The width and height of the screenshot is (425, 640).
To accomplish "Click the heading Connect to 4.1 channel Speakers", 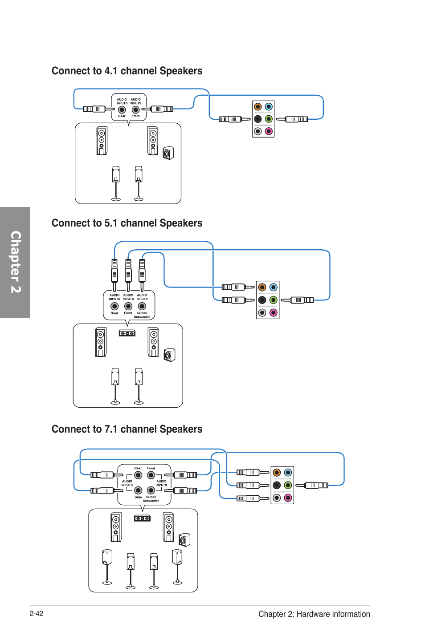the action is pyautogui.click(x=127, y=71).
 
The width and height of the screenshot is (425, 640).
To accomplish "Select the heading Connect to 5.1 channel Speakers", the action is pyautogui.click(x=127, y=223).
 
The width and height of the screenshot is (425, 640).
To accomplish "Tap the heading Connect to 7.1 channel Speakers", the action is pyautogui.click(x=127, y=429).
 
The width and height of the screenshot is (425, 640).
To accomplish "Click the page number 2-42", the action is pyautogui.click(x=37, y=613).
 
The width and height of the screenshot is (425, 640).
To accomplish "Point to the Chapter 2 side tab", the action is pyautogui.click(x=15, y=262).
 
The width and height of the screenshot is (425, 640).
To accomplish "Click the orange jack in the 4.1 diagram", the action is pyautogui.click(x=257, y=107).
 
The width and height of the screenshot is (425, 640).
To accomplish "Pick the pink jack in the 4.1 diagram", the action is pyautogui.click(x=269, y=131).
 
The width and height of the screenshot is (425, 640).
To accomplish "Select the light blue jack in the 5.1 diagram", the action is pyautogui.click(x=274, y=287).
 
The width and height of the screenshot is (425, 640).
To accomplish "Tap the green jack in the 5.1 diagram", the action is pyautogui.click(x=274, y=300).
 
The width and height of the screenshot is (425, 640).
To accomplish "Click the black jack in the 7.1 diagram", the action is pyautogui.click(x=277, y=485).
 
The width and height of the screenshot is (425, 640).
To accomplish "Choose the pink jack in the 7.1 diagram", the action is pyautogui.click(x=288, y=498).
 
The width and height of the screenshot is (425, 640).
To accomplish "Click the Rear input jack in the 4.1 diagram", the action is pyautogui.click(x=122, y=110).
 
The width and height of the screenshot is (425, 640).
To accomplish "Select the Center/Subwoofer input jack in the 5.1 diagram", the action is pyautogui.click(x=142, y=306).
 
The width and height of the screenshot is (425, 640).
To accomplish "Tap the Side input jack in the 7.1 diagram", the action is pyautogui.click(x=138, y=490).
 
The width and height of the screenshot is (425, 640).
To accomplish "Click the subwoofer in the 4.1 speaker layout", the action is pyautogui.click(x=168, y=153).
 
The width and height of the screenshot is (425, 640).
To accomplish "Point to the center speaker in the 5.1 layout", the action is pyautogui.click(x=127, y=333).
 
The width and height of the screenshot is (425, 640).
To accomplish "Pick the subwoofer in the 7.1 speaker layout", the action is pyautogui.click(x=184, y=540).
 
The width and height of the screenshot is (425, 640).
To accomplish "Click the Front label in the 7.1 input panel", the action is pyautogui.click(x=151, y=468).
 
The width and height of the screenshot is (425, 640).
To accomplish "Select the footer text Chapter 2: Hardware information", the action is pyautogui.click(x=314, y=614).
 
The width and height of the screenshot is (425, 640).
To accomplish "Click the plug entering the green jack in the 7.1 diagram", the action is pyautogui.click(x=312, y=485).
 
